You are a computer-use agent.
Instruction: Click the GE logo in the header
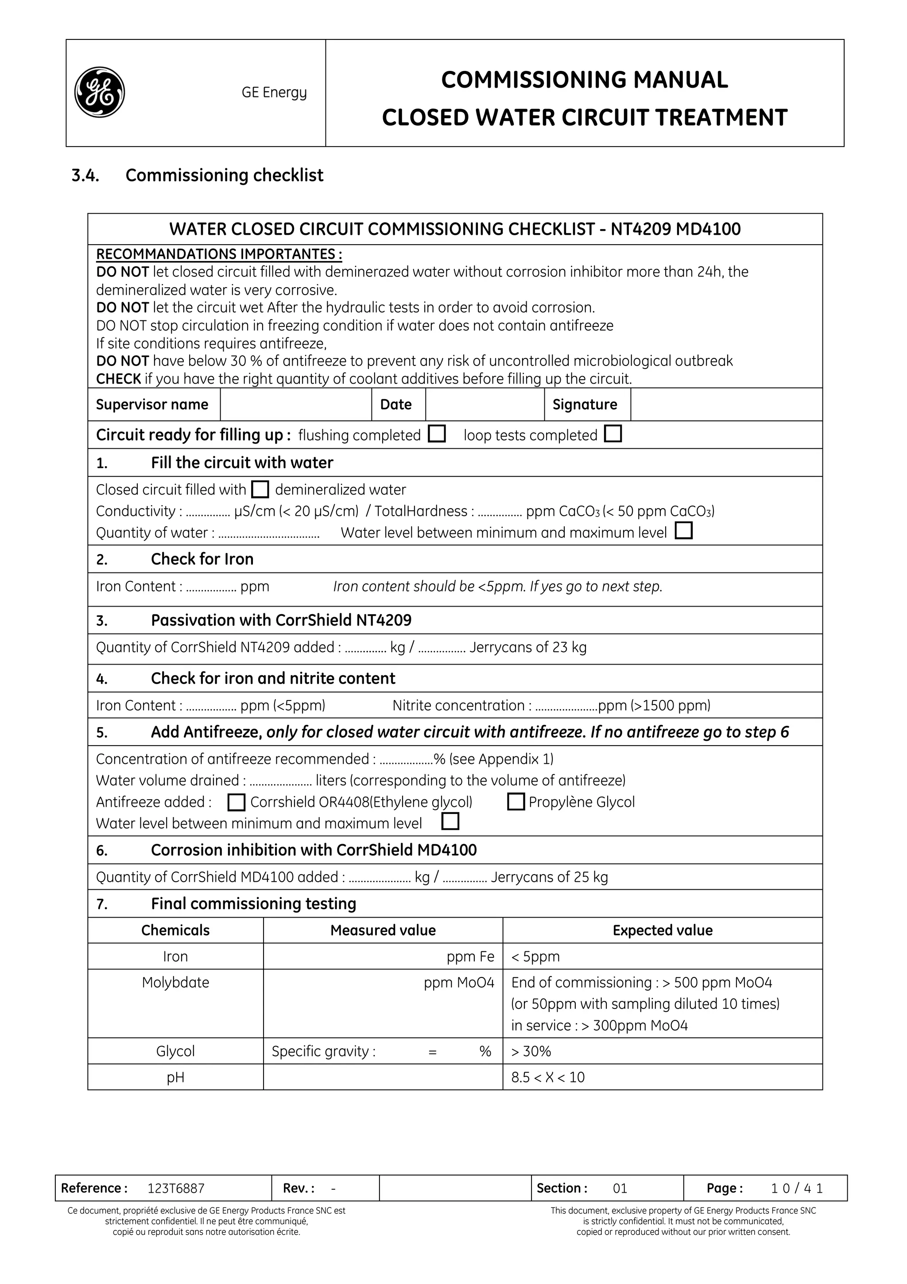[x=100, y=92]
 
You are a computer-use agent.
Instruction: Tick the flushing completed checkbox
[x=437, y=434]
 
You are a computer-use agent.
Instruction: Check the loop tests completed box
[x=613, y=434]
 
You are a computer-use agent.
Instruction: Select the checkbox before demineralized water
[x=260, y=490]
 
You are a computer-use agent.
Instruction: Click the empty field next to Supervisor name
[x=296, y=405]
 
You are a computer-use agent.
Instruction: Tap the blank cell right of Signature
[x=725, y=405]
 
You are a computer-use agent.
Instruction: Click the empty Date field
[x=485, y=405]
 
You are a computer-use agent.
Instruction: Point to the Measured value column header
[x=383, y=930]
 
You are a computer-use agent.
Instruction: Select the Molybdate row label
[x=175, y=983]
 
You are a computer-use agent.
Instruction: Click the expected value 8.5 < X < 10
[x=548, y=1077]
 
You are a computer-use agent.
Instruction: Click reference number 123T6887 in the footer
[x=176, y=1188]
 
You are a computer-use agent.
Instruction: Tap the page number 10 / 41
[x=797, y=1188]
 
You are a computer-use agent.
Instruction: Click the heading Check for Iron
[x=202, y=559]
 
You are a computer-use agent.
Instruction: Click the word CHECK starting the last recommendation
[x=119, y=379]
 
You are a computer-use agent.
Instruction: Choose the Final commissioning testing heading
[x=253, y=904]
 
